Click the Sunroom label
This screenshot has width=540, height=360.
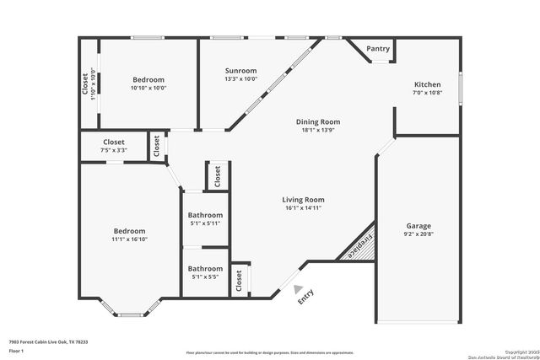[240, 71]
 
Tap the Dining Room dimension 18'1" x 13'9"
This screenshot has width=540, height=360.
[318, 131]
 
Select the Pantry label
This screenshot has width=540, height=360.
[379, 49]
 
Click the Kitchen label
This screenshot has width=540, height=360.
[428, 84]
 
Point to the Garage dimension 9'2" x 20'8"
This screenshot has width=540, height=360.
[418, 235]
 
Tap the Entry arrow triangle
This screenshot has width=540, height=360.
[299, 289]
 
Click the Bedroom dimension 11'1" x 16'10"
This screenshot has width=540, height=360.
[130, 239]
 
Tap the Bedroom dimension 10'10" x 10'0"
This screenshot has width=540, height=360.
[148, 88]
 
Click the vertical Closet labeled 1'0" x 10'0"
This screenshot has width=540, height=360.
[91, 84]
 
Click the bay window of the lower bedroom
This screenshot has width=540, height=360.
[130, 314]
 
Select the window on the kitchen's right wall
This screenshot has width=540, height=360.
[460, 86]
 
